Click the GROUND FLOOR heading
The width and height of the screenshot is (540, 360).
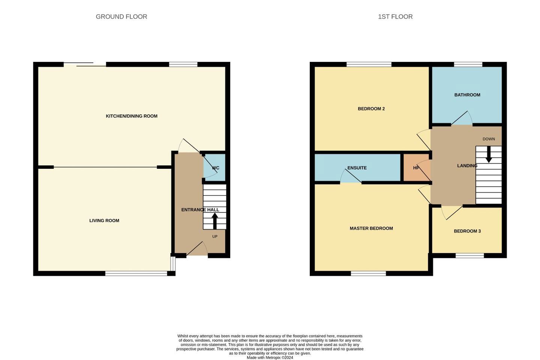pyautogui.click(x=121, y=16)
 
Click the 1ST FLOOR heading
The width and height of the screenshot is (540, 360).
pyautogui.click(x=395, y=16)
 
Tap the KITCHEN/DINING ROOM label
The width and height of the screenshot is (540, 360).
pyautogui.click(x=132, y=116)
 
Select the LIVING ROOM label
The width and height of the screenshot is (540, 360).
pyautogui.click(x=104, y=220)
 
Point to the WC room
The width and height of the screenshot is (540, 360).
pyautogui.click(x=214, y=168)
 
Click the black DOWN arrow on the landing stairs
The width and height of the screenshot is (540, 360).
pyautogui.click(x=489, y=154)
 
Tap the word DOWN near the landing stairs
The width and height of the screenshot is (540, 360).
pyautogui.click(x=489, y=139)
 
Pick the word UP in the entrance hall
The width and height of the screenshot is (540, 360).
pyautogui.click(x=215, y=237)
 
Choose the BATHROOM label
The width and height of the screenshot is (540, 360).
pyautogui.click(x=467, y=95)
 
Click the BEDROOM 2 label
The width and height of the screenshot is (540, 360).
pyautogui.click(x=371, y=109)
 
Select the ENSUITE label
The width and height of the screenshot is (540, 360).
pyautogui.click(x=357, y=168)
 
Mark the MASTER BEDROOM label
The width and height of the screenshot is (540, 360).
pyautogui.click(x=371, y=228)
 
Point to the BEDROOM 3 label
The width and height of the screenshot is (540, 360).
pyautogui.click(x=467, y=231)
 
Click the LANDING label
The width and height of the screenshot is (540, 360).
pyautogui.click(x=467, y=166)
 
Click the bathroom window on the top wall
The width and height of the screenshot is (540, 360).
pyautogui.click(x=468, y=64)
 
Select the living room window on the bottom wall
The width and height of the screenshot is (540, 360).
pyautogui.click(x=136, y=273)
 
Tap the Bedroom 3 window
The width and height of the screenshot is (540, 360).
pyautogui.click(x=469, y=256)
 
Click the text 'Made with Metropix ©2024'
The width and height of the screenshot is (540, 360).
pyautogui.click(x=270, y=358)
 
